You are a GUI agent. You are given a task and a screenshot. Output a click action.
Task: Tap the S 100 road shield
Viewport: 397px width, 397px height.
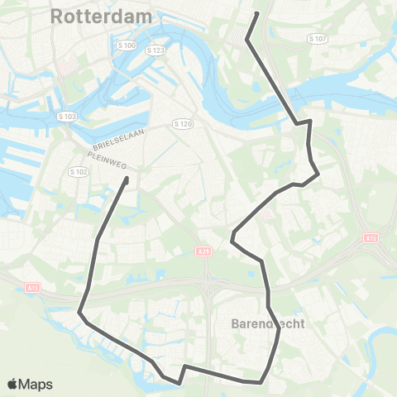tap(127, 45)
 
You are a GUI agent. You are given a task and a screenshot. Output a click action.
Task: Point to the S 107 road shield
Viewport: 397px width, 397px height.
tap(317, 39)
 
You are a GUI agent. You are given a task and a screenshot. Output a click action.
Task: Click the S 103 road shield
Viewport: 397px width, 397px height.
tap(67, 117)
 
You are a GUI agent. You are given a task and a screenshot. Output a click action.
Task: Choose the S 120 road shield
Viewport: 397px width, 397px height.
tap(183, 123)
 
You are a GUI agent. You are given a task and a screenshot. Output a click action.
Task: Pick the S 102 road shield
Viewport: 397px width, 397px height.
tap(79, 171)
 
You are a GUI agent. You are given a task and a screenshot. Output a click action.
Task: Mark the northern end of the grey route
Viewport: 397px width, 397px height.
tap(257, 13)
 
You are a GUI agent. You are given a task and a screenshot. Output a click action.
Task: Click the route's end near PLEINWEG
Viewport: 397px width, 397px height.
tap(127, 178)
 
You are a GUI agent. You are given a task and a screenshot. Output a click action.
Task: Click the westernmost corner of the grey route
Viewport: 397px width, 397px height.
tap(79, 313)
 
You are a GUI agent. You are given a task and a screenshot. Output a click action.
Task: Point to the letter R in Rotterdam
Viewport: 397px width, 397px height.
tap(57, 16)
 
